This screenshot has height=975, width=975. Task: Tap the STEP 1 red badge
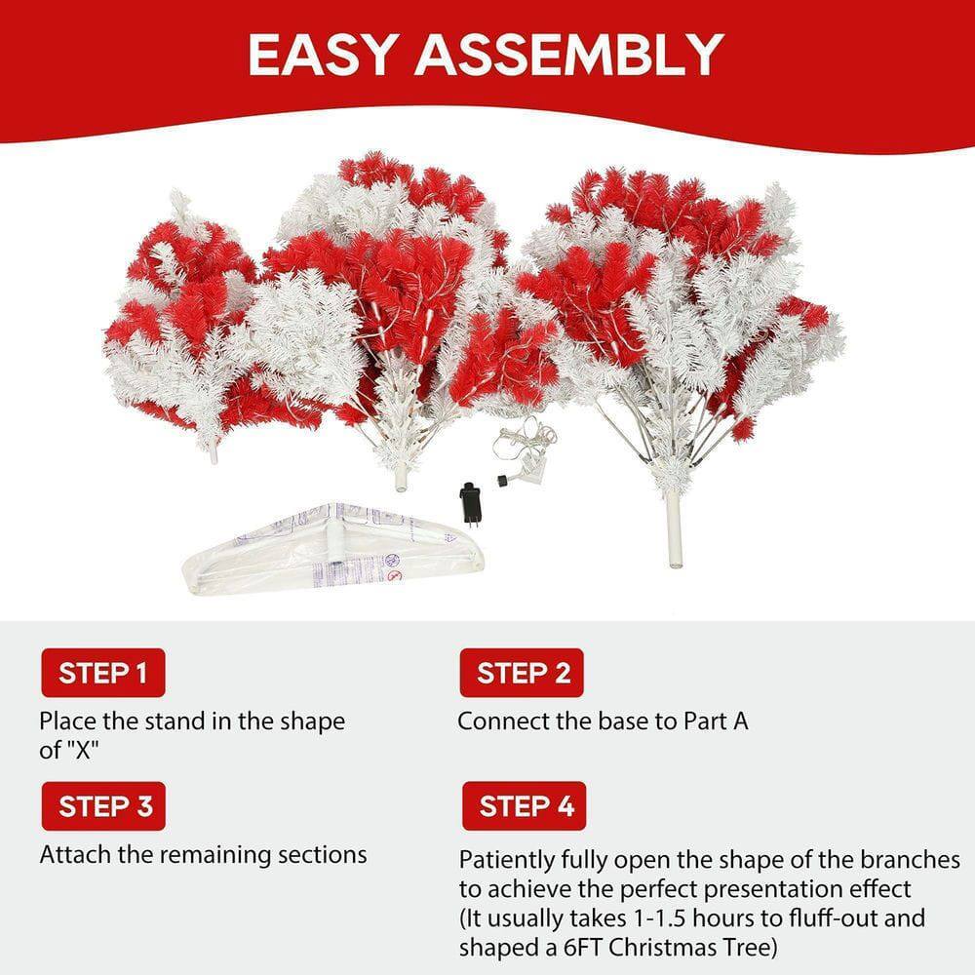[102, 673]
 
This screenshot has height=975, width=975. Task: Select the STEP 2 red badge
[523, 673]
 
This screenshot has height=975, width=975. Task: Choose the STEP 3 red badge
[103, 806]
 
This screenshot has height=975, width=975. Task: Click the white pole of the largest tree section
[673, 532]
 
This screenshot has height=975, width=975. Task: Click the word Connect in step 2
[498, 721]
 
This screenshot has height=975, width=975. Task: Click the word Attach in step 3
[71, 855]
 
